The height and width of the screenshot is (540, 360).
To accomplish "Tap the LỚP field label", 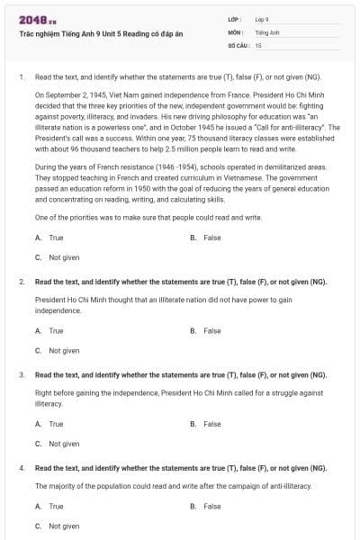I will (x=234, y=19).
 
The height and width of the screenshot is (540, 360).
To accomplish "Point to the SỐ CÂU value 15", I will (x=258, y=44).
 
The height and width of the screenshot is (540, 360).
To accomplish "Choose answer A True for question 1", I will (x=50, y=238).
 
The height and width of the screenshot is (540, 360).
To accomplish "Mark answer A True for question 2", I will (x=50, y=331).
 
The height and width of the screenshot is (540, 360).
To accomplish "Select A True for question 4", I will (x=50, y=506).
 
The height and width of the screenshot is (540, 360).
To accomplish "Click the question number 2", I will (x=21, y=282).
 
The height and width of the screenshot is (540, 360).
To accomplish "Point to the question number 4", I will (x=21, y=468).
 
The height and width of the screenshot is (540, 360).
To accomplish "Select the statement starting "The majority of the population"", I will (x=173, y=486).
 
